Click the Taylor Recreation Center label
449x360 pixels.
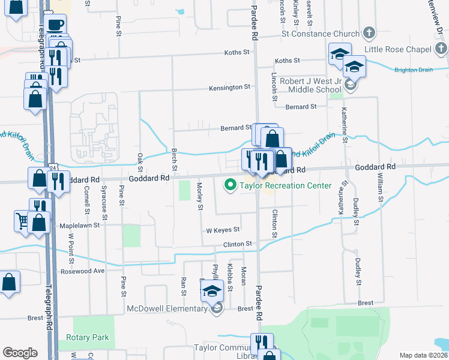coord(285,185)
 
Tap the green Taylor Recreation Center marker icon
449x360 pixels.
coord(229,185)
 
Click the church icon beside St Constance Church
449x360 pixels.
coord(369,33)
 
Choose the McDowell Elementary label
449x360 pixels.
coord(167,308)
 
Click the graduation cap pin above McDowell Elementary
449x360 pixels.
coord(211,291)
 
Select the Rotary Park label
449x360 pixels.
coord(88,338)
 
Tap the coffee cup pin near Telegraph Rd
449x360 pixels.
coord(55,25)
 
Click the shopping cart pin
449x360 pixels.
coord(22,220)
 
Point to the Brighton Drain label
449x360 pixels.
coord(413,70)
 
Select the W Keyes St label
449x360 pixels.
coord(223,230)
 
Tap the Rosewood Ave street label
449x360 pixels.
coord(83,271)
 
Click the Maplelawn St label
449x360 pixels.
coord(79,226)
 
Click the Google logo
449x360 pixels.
coord(19,353)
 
